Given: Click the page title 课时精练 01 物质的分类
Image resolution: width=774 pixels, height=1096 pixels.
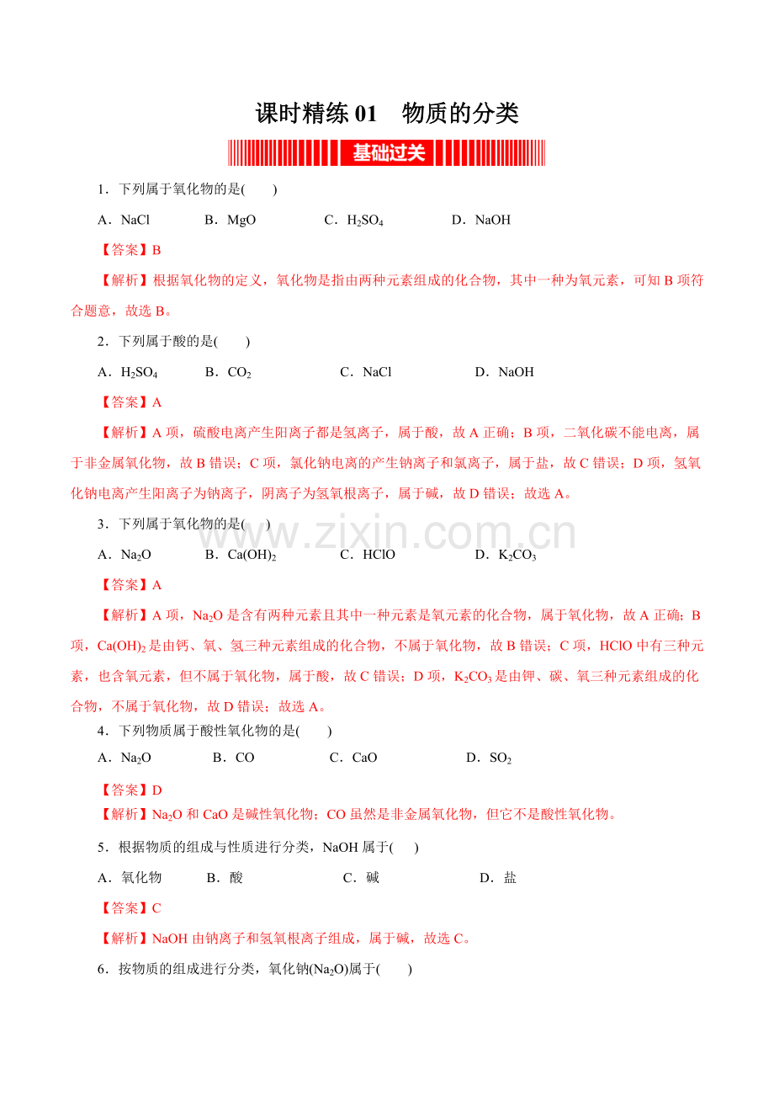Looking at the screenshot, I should (x=387, y=114).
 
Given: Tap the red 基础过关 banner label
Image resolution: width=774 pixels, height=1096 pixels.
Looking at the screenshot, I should (x=388, y=153).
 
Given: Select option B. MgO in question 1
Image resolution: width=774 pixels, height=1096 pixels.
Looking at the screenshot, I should (x=231, y=221).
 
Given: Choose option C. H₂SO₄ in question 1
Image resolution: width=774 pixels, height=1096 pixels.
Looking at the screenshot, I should (x=354, y=221).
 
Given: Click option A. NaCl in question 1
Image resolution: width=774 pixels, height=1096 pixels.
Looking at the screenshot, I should (x=124, y=221).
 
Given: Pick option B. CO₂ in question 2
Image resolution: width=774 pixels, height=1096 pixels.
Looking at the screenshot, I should (x=228, y=372).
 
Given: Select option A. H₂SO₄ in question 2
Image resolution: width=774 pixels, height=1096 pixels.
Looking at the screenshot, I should (x=128, y=372).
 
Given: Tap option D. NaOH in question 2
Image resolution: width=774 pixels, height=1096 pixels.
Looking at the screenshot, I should (x=505, y=372).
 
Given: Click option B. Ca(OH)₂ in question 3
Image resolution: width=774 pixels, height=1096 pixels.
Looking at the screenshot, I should (x=241, y=555).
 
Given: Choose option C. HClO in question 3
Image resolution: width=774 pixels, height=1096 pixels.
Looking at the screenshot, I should (x=368, y=555).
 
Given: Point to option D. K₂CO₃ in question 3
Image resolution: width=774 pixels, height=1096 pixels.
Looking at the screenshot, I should (x=506, y=555).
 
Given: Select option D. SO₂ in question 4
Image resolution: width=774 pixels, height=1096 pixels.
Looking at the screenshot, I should (x=489, y=758).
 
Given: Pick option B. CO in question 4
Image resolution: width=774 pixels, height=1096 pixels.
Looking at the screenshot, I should (x=234, y=758).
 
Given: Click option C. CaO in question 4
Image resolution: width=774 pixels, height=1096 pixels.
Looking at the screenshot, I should (x=353, y=758).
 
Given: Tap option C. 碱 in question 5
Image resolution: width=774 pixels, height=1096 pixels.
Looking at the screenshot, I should (x=362, y=878).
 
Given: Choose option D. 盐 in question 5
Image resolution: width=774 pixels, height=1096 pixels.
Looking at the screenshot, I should (x=498, y=878).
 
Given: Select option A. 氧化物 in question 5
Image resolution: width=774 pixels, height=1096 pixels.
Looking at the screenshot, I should (x=130, y=878).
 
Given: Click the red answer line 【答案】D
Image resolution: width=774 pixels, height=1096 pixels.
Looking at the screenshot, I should (x=130, y=790).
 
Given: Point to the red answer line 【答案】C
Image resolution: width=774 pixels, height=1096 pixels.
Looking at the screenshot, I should (x=130, y=908).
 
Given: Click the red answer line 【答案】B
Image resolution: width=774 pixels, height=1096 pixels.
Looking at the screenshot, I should (x=130, y=250).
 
